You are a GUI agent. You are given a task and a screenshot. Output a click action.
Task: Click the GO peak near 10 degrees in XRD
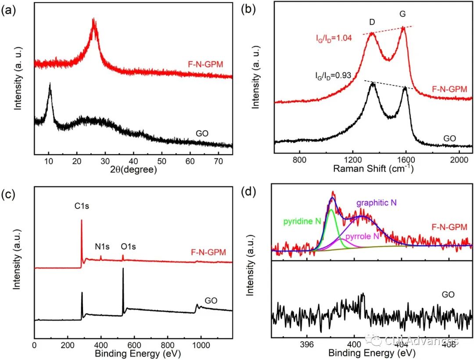[50, 84]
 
